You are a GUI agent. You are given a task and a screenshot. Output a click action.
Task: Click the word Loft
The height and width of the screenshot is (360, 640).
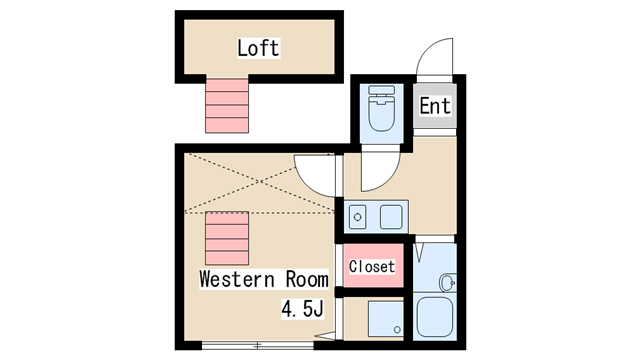257,47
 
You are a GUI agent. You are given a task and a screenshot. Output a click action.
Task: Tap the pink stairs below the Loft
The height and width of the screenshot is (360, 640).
225,106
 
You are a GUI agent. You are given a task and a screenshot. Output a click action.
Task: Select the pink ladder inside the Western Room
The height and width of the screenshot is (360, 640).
225,236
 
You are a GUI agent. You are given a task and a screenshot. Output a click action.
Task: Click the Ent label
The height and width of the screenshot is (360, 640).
434,105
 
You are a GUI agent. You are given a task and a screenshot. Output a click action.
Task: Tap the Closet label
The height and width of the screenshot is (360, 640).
371,267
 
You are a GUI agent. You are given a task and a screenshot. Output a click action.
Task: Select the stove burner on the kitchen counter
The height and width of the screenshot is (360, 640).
358,215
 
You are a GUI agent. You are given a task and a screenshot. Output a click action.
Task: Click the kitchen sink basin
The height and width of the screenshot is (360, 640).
389,215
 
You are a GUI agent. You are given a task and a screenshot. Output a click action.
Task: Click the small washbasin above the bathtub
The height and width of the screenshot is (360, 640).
447,283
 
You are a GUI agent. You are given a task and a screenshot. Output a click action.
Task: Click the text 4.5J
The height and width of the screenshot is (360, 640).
302,309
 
